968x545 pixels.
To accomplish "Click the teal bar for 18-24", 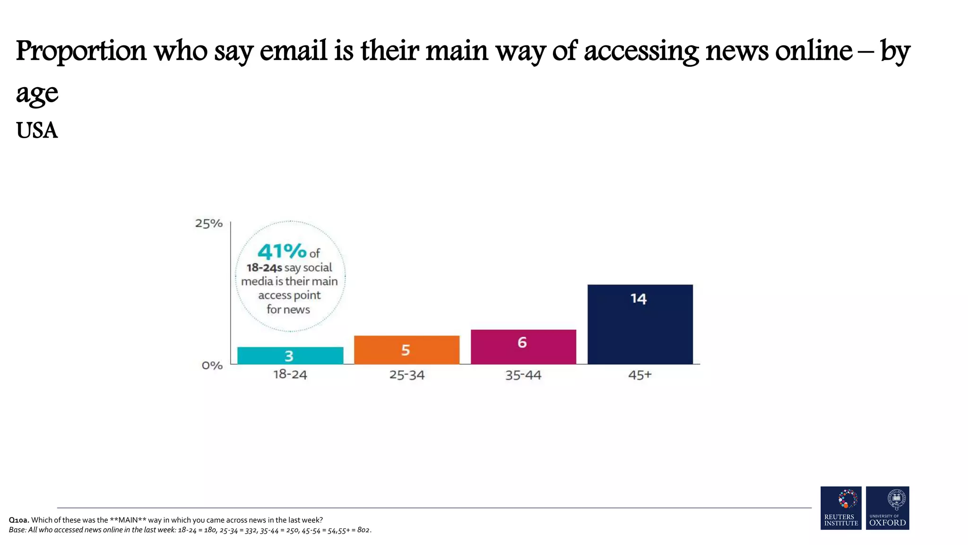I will [x=290, y=355].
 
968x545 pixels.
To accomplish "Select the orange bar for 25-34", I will [x=406, y=350].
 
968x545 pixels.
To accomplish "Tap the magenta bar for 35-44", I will [x=523, y=347].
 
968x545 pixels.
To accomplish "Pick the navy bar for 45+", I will [x=640, y=324].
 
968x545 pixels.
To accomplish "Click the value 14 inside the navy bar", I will [x=638, y=299].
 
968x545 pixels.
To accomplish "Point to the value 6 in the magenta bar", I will [x=522, y=342].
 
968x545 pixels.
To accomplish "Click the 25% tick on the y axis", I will [x=208, y=223].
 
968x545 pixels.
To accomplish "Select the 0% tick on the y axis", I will [x=212, y=365].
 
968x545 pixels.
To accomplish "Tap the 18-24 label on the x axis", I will [x=290, y=375].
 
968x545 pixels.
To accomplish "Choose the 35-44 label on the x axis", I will [x=523, y=375].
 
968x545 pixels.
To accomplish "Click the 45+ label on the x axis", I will [x=640, y=375].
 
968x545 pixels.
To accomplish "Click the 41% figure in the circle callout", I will [x=282, y=251].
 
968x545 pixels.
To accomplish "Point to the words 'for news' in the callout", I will [x=288, y=309].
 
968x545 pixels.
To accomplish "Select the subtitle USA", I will [x=37, y=131].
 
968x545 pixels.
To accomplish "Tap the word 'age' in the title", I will [x=37, y=93].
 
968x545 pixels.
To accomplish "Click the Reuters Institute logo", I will [x=840, y=508].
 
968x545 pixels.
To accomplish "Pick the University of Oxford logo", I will [x=887, y=508].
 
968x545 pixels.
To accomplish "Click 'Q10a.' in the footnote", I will [x=19, y=520].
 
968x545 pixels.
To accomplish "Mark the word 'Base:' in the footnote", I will [x=17, y=530].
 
